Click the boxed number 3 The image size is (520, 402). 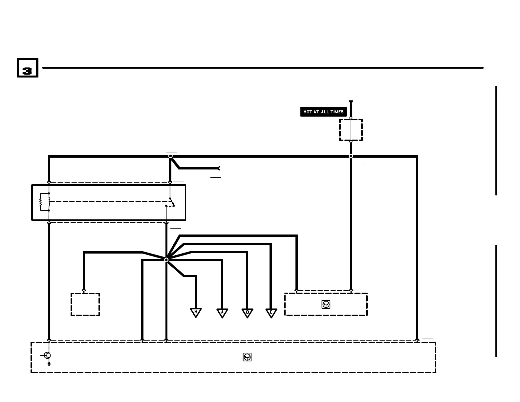pos(28,68)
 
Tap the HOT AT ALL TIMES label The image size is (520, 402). pos(323,112)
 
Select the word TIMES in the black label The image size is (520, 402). pos(337,112)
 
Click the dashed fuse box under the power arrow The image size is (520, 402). pos(351,130)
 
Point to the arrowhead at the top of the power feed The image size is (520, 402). pos(351,102)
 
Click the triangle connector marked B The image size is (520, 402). pos(196,312)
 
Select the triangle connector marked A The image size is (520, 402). pos(222,312)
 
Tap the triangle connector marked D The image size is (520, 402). pos(247,312)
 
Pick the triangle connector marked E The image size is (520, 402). pos(271,312)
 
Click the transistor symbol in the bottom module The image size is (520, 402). pos(47,355)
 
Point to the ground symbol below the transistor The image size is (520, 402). pos(49,364)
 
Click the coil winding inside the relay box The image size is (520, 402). pos(49,202)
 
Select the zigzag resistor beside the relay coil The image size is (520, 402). pos(41,202)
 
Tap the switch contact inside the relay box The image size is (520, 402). pos(171,202)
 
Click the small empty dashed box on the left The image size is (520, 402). pos(85,304)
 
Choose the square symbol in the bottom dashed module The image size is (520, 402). pos(247,357)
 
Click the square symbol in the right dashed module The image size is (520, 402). pos(326,304)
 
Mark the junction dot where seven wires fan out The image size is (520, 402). pos(166,260)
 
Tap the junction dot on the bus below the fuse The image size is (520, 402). pos(351,156)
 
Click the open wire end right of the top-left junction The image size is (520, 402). pos(219,168)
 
